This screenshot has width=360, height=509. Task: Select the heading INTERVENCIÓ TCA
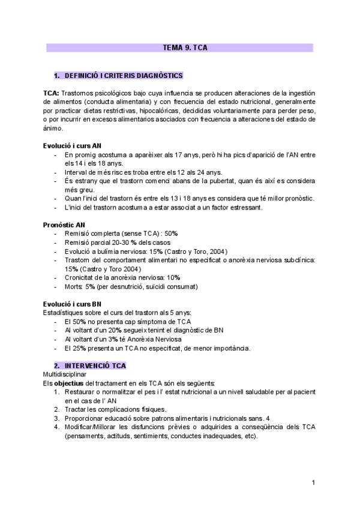(x=95, y=365)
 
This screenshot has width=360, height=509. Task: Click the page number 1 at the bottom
(x=313, y=483)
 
